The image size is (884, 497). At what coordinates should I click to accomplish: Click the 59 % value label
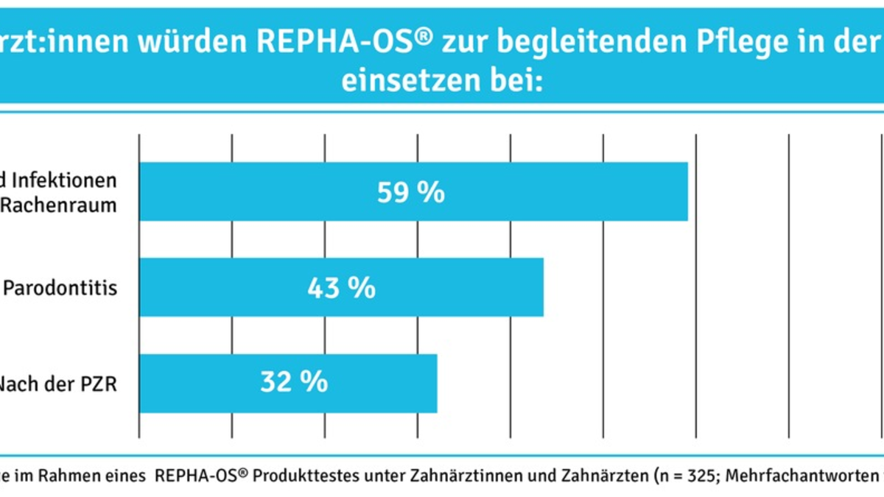tap(411, 192)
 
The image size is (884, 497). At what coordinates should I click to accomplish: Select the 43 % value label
tap(341, 288)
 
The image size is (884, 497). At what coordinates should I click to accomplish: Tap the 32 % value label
tap(294, 383)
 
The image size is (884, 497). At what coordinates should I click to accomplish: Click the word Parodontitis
tap(60, 288)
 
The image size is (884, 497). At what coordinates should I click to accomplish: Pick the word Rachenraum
tap(58, 205)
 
